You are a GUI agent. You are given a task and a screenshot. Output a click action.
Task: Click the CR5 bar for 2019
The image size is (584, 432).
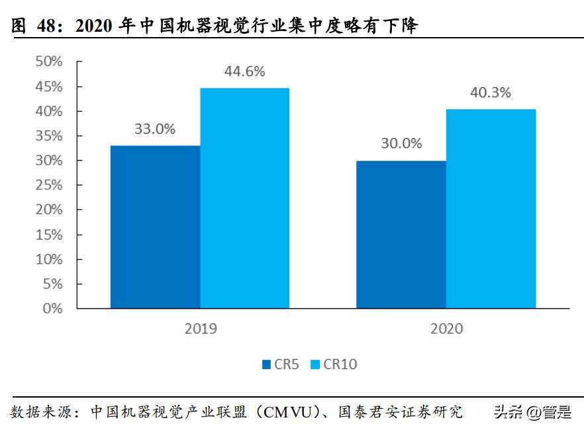[x=155, y=227]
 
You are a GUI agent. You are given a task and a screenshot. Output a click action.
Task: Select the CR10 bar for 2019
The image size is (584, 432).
[x=244, y=198]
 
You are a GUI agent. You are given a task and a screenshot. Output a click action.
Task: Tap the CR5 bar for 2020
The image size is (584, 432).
[x=401, y=234]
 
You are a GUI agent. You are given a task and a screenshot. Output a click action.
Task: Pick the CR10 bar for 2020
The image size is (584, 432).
[x=491, y=208]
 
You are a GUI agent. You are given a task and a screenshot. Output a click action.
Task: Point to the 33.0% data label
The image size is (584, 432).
[x=155, y=130]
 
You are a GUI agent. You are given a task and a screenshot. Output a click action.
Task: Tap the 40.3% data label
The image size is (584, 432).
[x=490, y=93]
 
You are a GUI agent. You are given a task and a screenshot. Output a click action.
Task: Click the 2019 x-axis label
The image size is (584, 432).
[x=199, y=329]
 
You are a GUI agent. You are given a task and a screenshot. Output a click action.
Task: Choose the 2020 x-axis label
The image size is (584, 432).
[x=446, y=329]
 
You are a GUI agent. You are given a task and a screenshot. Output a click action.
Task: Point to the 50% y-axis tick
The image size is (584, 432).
[x=48, y=62]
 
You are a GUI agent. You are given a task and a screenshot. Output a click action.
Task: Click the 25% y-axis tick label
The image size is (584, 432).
[x=48, y=185]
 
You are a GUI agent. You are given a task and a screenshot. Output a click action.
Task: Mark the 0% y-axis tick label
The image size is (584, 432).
[x=52, y=308]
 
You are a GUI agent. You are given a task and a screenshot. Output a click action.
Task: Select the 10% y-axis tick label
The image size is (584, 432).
[x=48, y=259]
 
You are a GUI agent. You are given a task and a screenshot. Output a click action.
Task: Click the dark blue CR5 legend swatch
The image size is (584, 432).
[x=266, y=364]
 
